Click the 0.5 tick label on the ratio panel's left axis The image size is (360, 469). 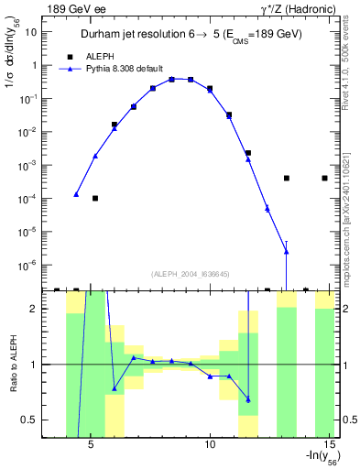coord(27,420)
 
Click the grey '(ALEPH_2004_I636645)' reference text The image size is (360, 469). coord(190,274)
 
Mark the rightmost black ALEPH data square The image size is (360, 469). coord(325,178)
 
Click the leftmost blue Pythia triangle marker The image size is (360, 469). coord(76,194)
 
